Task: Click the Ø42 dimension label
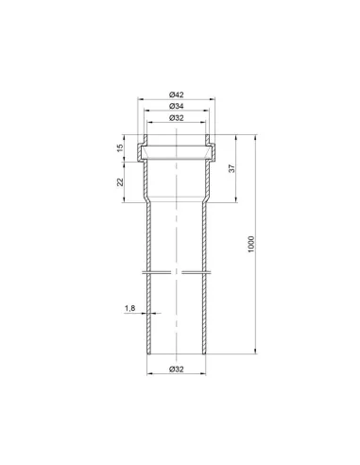tap(176, 95)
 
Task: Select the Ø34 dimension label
tap(176, 106)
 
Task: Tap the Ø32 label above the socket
tap(176, 118)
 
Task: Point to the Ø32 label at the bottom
tap(176, 370)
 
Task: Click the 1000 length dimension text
tap(251, 244)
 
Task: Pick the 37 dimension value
tap(232, 168)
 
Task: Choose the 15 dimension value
tap(120, 147)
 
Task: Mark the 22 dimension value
tap(120, 181)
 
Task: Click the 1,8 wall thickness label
tap(129, 308)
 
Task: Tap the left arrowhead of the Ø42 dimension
tap(140, 99)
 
